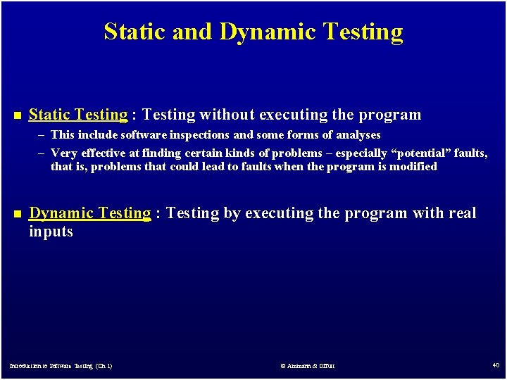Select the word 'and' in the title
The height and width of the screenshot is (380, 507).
click(x=196, y=32)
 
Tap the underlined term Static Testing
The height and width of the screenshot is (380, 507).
click(x=78, y=115)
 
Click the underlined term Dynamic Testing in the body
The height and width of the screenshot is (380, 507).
click(x=89, y=213)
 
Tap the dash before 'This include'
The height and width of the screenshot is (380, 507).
click(x=42, y=135)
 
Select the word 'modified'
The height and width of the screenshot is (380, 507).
click(x=413, y=167)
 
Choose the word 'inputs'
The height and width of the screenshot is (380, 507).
click(x=51, y=232)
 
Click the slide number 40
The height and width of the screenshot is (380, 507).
click(x=496, y=365)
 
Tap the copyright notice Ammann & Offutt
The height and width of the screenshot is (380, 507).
click(x=308, y=366)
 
